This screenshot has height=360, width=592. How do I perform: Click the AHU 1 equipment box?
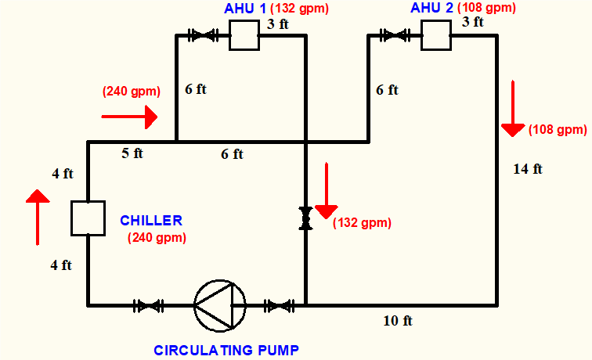pos(244,35)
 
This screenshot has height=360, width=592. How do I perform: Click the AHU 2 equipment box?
pos(436,35)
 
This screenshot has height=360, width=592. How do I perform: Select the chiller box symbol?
pos(88,218)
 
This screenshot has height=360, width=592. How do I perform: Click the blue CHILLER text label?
pos(151,221)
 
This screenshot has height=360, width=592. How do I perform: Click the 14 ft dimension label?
pos(528,168)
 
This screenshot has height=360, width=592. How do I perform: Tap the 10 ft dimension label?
pos(397,321)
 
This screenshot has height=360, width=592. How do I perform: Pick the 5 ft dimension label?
pos(132,153)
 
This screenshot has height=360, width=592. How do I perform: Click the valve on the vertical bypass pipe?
pos(305,218)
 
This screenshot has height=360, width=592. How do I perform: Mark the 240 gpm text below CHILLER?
pos(157,238)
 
